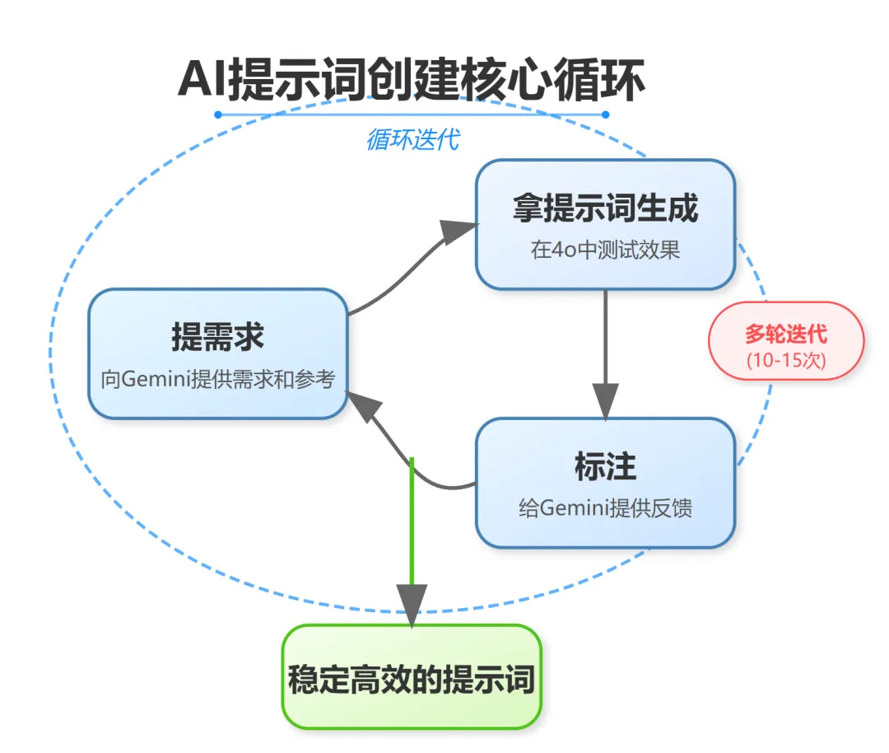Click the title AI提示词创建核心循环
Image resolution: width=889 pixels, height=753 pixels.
pyautogui.click(x=411, y=81)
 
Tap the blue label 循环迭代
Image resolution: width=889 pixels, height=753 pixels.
pyautogui.click(x=412, y=140)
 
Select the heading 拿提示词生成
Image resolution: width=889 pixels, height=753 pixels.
pyautogui.click(x=605, y=208)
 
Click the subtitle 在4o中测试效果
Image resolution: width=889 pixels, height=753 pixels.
pyautogui.click(x=605, y=250)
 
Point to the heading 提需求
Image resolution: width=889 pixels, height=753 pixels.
pyautogui.click(x=217, y=338)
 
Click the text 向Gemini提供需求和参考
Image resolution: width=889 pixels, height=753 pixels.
pyautogui.click(x=217, y=380)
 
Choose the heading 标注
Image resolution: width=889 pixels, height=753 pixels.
pyautogui.click(x=605, y=467)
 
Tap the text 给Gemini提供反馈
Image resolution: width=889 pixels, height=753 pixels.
pyautogui.click(x=605, y=507)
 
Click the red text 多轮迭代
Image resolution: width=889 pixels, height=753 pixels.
pyautogui.click(x=786, y=334)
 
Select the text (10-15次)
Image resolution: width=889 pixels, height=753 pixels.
pyautogui.click(x=786, y=360)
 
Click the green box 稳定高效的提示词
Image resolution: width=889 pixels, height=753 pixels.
pyautogui.click(x=411, y=677)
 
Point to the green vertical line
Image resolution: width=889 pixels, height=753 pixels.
pyautogui.click(x=412, y=519)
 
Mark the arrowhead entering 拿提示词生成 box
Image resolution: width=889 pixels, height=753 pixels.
pyautogui.click(x=458, y=232)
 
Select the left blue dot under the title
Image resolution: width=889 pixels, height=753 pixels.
pyautogui.click(x=218, y=115)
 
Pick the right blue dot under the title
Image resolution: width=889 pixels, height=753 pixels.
pyautogui.click(x=605, y=115)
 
